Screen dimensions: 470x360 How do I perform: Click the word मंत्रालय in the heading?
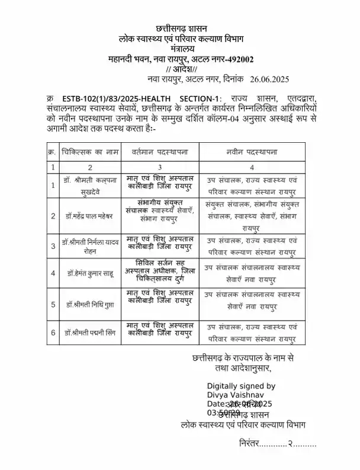[x=180, y=49]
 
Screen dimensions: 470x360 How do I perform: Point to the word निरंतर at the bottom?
[x=253, y=443]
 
